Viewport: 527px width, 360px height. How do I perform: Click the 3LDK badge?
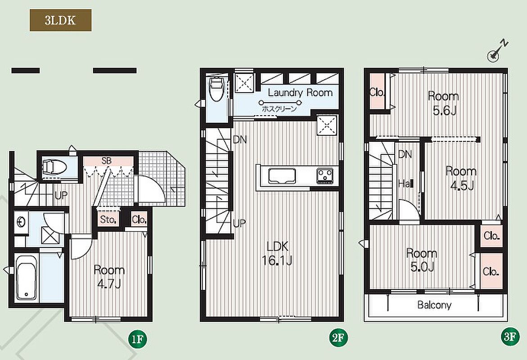tap(60, 20)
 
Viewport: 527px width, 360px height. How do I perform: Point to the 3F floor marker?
tap(510, 337)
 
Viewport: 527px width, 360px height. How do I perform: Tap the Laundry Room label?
tap(300, 92)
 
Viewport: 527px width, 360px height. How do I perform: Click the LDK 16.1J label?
tap(277, 253)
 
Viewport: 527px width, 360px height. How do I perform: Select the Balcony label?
tap(434, 305)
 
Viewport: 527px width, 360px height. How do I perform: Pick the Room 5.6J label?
tap(444, 103)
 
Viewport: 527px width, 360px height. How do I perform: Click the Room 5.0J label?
tap(422, 260)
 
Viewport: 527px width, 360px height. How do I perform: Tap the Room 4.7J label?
tap(109, 277)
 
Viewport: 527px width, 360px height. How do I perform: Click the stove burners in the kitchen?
tap(324, 176)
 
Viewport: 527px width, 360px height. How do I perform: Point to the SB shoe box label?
tap(106, 161)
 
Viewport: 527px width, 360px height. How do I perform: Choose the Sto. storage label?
tap(108, 220)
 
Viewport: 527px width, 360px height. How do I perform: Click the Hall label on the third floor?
tap(405, 184)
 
